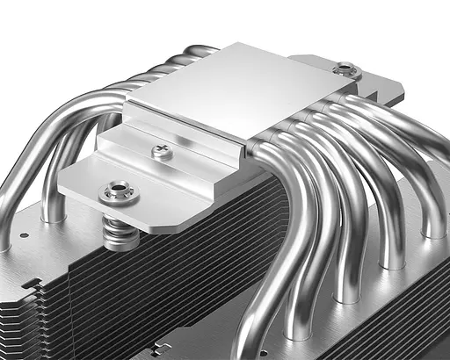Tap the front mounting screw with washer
coord(116,191)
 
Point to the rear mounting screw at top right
coord(345,68)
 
